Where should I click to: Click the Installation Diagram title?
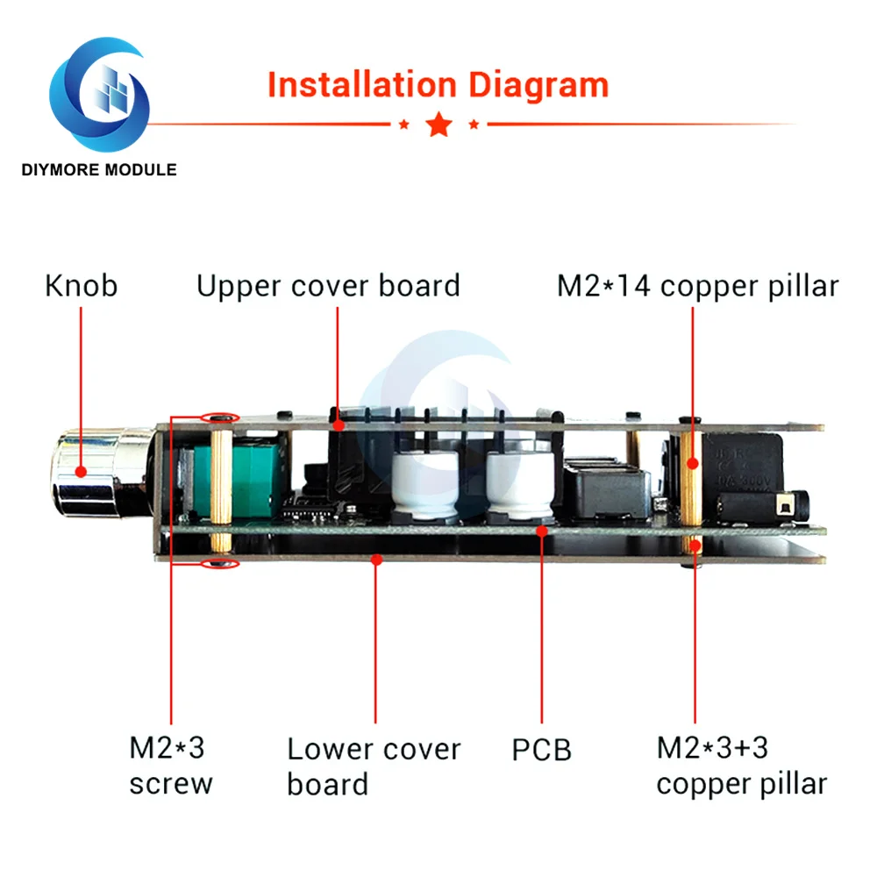tap(438, 85)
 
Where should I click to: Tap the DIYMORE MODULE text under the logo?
tap(99, 169)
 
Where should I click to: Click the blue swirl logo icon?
tap(100, 94)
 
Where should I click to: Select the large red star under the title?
tap(439, 125)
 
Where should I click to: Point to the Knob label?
tap(81, 286)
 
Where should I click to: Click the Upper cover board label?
tap(328, 286)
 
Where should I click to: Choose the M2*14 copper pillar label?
tap(698, 286)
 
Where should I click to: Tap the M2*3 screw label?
tap(171, 765)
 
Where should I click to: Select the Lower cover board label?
tap(374, 766)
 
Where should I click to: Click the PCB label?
tap(541, 750)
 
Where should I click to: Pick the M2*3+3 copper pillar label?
tap(742, 765)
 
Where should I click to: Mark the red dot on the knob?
tap(81, 472)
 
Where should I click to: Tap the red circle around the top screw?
tap(220, 417)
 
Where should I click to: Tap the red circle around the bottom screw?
tap(220, 563)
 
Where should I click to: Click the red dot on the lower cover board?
tap(377, 560)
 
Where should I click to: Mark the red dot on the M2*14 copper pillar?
tap(693, 463)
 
